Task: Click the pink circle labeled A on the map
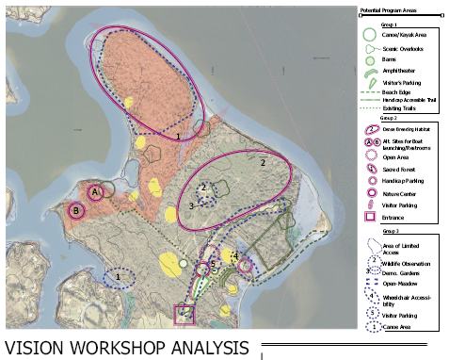95,192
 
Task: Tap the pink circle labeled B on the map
76,211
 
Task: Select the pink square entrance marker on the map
184,313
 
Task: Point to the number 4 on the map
235,255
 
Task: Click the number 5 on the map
214,264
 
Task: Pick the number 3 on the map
191,205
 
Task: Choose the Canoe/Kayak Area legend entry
405,35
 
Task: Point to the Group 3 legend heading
390,230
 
